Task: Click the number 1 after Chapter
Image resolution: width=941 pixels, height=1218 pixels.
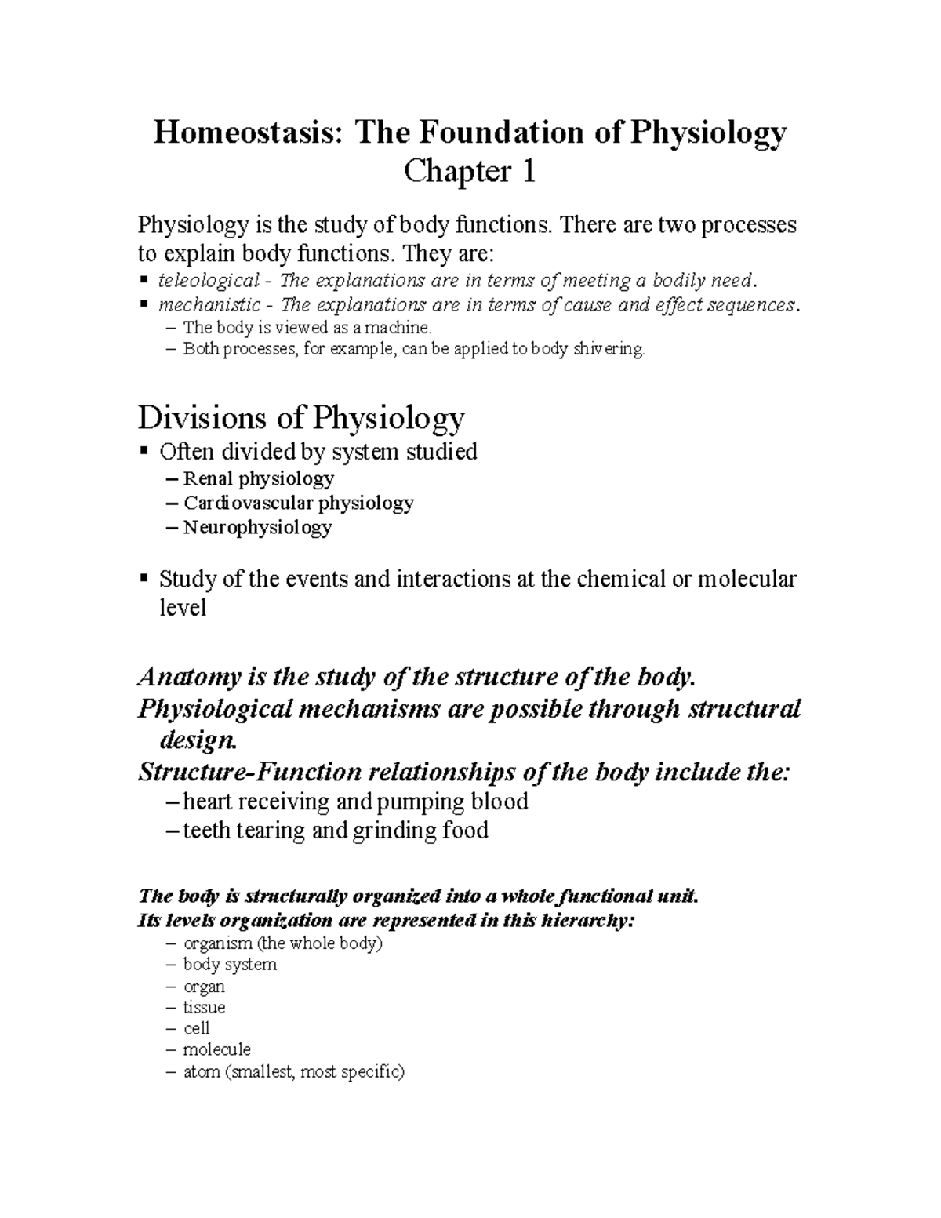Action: (x=529, y=172)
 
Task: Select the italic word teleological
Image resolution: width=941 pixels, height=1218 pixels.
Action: (x=209, y=281)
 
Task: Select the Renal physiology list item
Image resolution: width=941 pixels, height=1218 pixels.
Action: (x=259, y=478)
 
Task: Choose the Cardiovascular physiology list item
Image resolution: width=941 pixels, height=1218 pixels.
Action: (x=298, y=503)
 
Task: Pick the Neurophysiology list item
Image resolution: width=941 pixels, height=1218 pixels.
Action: (x=257, y=527)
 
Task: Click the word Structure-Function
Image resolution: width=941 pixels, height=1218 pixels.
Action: (x=246, y=773)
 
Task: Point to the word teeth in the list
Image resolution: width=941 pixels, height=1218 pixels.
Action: (x=206, y=831)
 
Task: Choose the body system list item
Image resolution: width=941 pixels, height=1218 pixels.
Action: (x=230, y=965)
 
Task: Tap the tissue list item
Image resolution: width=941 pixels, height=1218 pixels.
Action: (x=204, y=1007)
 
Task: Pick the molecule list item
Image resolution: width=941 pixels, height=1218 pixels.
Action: (x=216, y=1049)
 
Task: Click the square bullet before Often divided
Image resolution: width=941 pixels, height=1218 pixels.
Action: (x=143, y=452)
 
